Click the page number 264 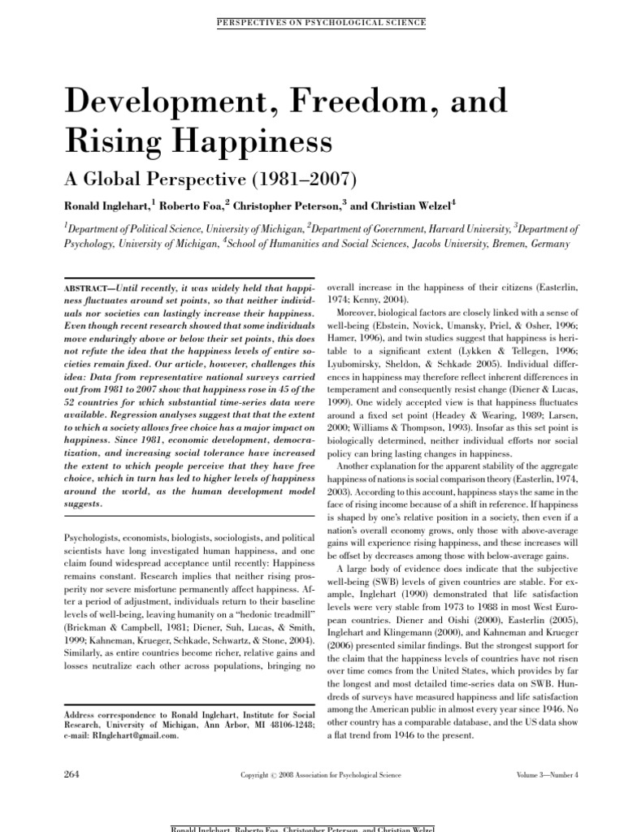pos(73,774)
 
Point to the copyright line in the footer pos(321,775)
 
